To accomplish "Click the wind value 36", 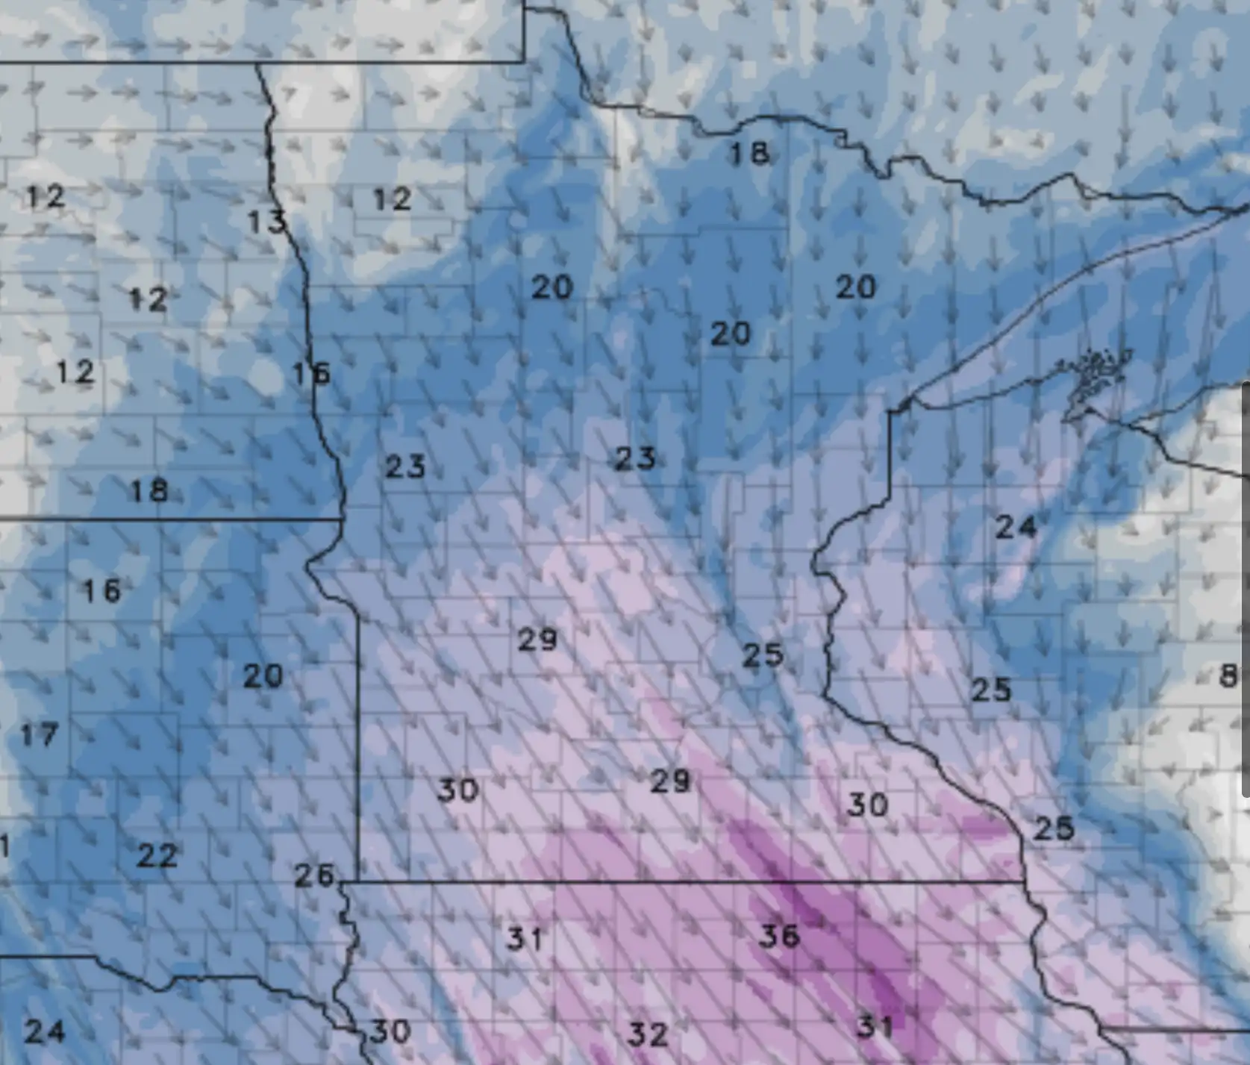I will pyautogui.click(x=779, y=936).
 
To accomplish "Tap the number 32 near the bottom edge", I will pyautogui.click(x=647, y=1034).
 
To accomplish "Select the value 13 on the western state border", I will pyautogui.click(x=266, y=222).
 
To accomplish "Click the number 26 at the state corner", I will pyautogui.click(x=314, y=875).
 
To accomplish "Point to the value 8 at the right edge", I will pyautogui.click(x=1228, y=676).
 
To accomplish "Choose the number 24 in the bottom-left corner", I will pyautogui.click(x=45, y=1032).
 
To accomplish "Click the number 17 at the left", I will pyautogui.click(x=39, y=735).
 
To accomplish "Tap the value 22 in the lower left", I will pyautogui.click(x=157, y=855).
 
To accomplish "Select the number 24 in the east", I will pyautogui.click(x=1016, y=528).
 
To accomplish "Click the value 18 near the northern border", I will pyautogui.click(x=749, y=154).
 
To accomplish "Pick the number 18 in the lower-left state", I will pyautogui.click(x=149, y=491).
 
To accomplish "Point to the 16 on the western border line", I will pyautogui.click(x=311, y=373).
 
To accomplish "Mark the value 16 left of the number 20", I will pyautogui.click(x=101, y=591).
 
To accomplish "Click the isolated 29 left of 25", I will pyautogui.click(x=537, y=640).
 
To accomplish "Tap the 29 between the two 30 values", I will pyautogui.click(x=670, y=781).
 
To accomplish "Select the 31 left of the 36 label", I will pyautogui.click(x=525, y=939).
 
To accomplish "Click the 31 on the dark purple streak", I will pyautogui.click(x=874, y=1028).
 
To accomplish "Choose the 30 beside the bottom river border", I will pyautogui.click(x=390, y=1032).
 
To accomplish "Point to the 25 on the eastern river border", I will pyautogui.click(x=1053, y=828).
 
